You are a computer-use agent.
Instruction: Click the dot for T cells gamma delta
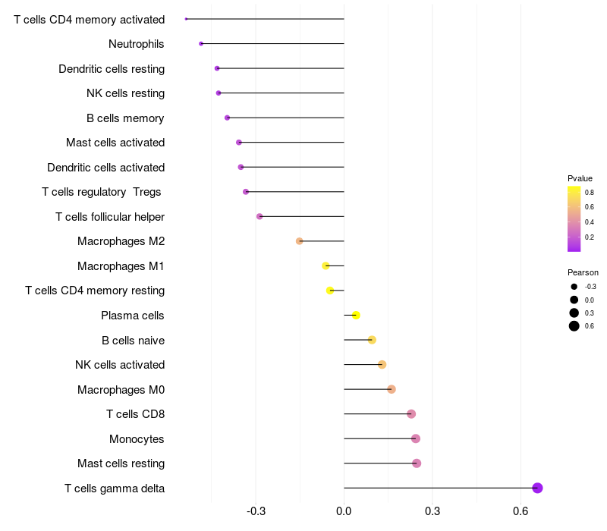tap(537, 488)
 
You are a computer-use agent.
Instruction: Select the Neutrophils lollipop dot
tap(201, 44)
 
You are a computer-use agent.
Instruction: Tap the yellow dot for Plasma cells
tap(356, 316)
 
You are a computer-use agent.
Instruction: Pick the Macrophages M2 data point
tap(299, 241)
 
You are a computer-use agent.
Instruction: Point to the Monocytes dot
tap(416, 438)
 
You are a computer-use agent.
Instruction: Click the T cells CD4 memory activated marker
tap(186, 19)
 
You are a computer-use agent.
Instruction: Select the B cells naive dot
tap(372, 340)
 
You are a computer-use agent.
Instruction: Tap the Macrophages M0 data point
tap(392, 389)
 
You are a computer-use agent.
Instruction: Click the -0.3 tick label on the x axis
tap(256, 511)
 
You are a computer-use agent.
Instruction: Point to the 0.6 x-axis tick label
tap(521, 511)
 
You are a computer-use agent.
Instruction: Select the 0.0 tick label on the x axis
tap(344, 511)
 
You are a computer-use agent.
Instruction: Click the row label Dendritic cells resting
tap(112, 69)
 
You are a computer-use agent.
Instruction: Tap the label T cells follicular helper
tap(110, 217)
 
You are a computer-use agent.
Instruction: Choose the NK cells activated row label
tap(120, 365)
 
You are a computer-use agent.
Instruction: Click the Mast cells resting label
tap(121, 463)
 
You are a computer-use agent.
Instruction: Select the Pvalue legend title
tap(580, 178)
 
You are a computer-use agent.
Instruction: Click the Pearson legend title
tap(583, 272)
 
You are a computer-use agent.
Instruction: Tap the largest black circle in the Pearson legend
tap(574, 326)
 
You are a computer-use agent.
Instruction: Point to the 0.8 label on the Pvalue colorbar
tap(590, 193)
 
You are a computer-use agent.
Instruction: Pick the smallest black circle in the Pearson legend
tap(574, 287)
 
